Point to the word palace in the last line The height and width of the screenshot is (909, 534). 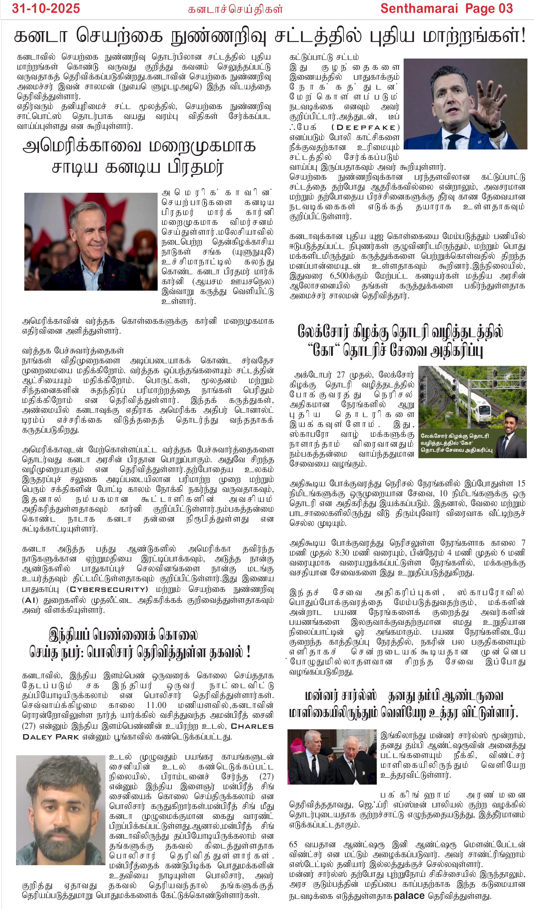[409, 895]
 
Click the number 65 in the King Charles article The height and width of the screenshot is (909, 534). [294, 844]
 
